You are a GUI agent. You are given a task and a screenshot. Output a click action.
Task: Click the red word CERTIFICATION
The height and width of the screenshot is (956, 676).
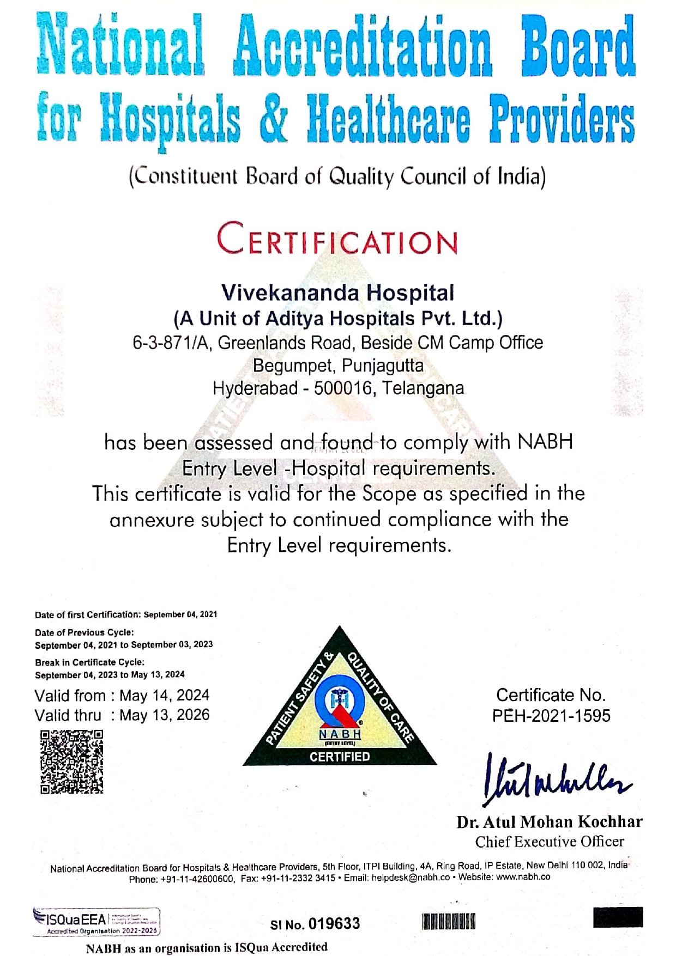coord(337,239)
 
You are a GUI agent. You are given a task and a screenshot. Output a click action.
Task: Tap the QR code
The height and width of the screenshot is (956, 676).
coord(71,762)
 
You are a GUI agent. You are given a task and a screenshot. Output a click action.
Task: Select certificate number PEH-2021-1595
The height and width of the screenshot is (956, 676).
coord(551,716)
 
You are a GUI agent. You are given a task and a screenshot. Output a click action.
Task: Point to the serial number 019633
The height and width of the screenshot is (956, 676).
coord(334,924)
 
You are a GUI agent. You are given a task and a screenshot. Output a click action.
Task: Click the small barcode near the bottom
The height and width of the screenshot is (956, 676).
coord(449,922)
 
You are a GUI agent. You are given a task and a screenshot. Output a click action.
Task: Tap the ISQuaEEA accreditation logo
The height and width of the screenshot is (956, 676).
coord(96,922)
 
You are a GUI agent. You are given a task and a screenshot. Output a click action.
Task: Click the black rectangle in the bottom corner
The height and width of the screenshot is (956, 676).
coord(618,917)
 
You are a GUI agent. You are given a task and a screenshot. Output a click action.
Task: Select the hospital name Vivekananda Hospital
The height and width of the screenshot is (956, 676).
coord(337,293)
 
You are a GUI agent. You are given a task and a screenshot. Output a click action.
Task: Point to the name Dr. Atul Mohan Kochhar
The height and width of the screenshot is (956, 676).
coord(550,821)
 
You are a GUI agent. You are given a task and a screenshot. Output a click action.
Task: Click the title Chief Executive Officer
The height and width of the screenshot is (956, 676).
coord(550,842)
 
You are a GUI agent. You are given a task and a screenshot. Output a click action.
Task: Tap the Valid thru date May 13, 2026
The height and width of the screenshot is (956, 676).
coord(164,715)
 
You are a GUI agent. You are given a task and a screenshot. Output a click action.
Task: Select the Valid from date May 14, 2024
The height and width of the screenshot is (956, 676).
coord(164,695)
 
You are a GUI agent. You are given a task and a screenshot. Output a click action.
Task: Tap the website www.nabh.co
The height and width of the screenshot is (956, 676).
coord(523,877)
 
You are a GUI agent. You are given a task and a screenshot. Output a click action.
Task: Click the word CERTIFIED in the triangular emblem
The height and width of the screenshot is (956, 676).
coord(340,757)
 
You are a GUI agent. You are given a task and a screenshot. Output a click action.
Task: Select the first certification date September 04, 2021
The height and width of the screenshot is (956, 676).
coord(180,614)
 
